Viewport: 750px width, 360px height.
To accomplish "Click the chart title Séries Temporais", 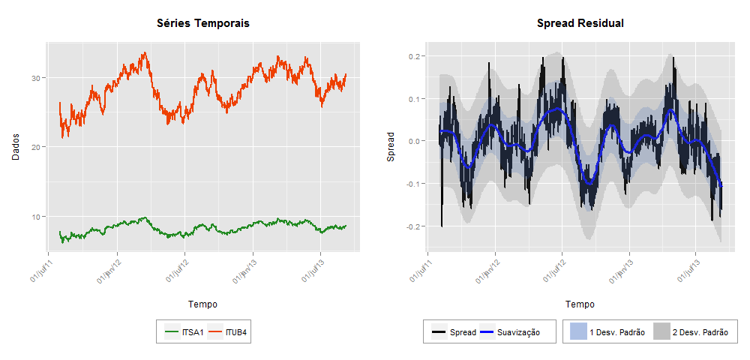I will pyautogui.click(x=202, y=24).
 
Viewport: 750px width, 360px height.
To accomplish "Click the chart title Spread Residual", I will pyautogui.click(x=580, y=24).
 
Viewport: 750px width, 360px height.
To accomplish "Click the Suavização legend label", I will pyautogui.click(x=519, y=331).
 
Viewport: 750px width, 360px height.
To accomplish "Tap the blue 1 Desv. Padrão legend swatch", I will pyautogui.click(x=577, y=331).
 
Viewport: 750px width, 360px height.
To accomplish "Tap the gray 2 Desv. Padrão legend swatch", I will pyautogui.click(x=661, y=331).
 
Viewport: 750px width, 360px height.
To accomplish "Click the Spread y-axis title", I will pyautogui.click(x=390, y=148).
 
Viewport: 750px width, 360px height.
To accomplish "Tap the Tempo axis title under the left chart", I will pyautogui.click(x=202, y=304).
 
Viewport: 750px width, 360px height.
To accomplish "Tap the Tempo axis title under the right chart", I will pyautogui.click(x=580, y=304).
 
